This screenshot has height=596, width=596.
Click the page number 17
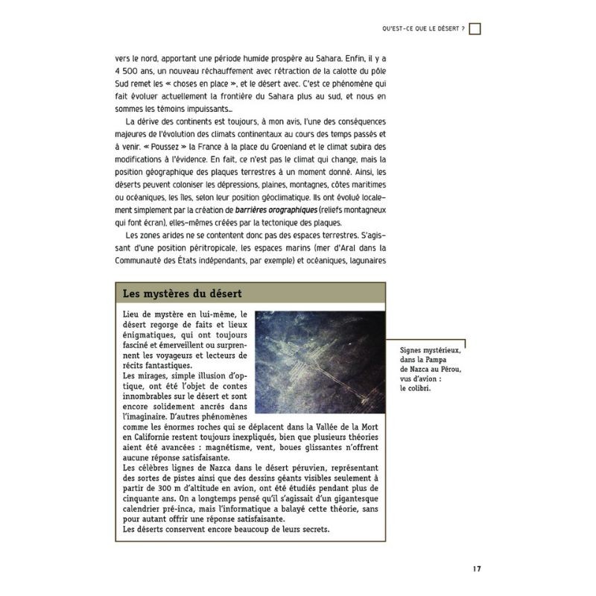coord(475,570)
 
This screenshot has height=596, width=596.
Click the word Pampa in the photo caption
coord(446,359)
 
